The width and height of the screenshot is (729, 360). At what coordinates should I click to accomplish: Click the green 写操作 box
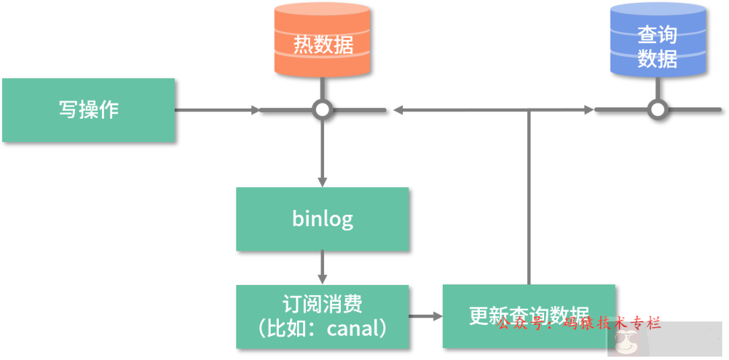[x=88, y=109]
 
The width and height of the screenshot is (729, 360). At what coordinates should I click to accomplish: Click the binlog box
[x=322, y=219]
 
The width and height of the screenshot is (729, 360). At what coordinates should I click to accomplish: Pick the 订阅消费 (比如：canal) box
[x=322, y=316]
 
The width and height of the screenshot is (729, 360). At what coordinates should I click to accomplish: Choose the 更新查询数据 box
[x=529, y=316]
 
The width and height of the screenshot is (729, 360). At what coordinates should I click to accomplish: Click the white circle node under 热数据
[x=323, y=109]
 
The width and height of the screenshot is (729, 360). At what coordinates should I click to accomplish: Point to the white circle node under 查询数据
[x=657, y=109]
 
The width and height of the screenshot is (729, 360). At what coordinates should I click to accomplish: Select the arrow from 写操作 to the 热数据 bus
[x=216, y=109]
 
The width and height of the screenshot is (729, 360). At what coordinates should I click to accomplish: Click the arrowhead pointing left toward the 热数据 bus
[x=398, y=109]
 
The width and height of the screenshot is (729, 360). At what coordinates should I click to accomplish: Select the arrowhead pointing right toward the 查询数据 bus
[x=589, y=109]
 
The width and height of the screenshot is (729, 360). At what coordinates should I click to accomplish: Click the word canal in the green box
[x=355, y=329]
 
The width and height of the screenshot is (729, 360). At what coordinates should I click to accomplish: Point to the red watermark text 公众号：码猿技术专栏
[x=578, y=324]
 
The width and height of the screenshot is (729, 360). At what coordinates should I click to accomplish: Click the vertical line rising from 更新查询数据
[x=529, y=196]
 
